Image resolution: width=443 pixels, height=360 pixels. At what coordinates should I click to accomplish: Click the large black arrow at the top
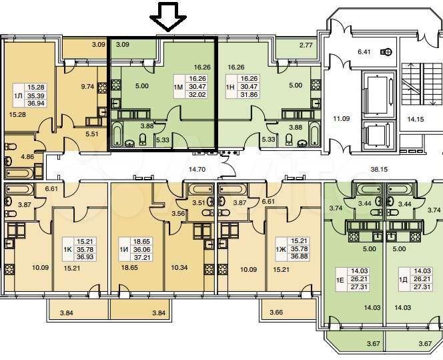pyautogui.click(x=168, y=17)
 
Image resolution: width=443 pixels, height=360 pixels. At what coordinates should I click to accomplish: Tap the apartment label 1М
pyautogui.click(x=179, y=87)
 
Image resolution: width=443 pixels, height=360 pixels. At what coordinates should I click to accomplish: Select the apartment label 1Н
pyautogui.click(x=230, y=87)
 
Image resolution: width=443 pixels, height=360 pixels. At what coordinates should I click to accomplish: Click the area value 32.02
pyautogui.click(x=197, y=94)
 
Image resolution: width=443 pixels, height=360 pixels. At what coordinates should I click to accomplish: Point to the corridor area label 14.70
pyautogui.click(x=197, y=170)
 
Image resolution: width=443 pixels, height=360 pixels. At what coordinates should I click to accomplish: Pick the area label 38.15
pyautogui.click(x=379, y=170)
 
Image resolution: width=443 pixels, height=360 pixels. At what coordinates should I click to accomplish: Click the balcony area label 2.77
pyautogui.click(x=306, y=45)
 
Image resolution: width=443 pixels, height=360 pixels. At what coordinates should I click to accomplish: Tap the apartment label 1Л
pyautogui.click(x=18, y=96)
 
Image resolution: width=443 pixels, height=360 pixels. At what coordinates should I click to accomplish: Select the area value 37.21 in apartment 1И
pyautogui.click(x=142, y=257)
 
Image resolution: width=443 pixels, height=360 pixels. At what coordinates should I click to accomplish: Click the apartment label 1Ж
pyautogui.click(x=281, y=249)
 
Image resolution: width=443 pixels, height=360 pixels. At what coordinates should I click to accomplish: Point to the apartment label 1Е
pyautogui.click(x=340, y=280)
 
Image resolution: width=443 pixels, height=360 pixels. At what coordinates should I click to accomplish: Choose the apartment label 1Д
pyautogui.click(x=403, y=280)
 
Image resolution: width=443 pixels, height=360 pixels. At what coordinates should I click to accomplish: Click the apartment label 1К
pyautogui.click(x=68, y=249)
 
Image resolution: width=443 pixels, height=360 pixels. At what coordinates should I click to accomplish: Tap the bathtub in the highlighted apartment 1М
pyautogui.click(x=117, y=134)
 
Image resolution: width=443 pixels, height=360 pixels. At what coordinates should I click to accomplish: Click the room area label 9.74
pyautogui.click(x=87, y=87)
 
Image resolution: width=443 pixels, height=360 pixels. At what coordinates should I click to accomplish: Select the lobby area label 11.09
pyautogui.click(x=342, y=118)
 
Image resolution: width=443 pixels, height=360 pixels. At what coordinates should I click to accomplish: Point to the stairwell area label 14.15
pyautogui.click(x=415, y=119)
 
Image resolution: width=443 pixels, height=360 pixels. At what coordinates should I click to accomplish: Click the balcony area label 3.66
pyautogui.click(x=277, y=313)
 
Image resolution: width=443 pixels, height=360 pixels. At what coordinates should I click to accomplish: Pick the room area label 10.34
pyautogui.click(x=179, y=268)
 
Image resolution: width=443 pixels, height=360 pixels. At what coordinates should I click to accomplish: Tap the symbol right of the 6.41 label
pyautogui.click(x=386, y=52)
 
